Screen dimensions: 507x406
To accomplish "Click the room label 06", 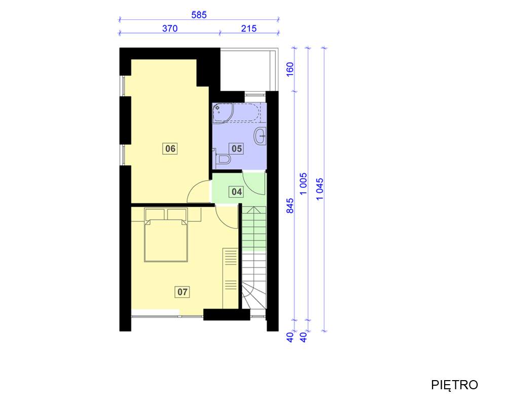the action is pos(170,149).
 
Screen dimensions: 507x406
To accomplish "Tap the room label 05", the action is pos(237,149).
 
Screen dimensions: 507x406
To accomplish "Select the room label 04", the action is pos(237,192).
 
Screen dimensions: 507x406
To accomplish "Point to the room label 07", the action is pos(182,292).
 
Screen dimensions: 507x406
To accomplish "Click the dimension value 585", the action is pos(199,15).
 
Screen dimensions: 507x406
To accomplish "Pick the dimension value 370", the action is pos(170,28).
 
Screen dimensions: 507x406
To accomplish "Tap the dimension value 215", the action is pos(248,28).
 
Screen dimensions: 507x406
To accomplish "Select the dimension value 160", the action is pos(290,70).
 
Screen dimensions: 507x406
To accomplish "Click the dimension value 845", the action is pos(290,206).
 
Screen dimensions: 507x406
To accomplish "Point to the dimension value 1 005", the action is pos(303,184).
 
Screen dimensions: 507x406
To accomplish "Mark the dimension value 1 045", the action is pos(319,189).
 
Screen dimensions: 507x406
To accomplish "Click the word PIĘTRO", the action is pos(454,385).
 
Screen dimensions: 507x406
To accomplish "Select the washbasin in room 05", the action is pos(260,136).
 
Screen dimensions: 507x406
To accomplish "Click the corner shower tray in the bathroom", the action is pos(220,112).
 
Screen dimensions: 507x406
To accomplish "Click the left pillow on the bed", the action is pos(155,215).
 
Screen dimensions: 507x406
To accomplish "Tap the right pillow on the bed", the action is pos(177,215).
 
